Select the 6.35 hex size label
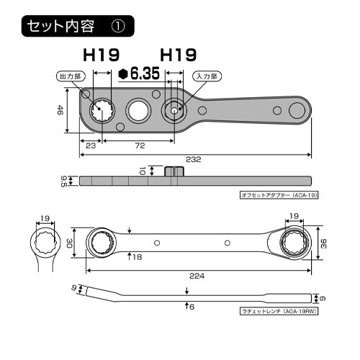(140, 73)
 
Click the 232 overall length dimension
(192, 161)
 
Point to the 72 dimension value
(140, 146)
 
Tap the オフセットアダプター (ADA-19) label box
(278, 196)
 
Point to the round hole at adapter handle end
(296, 110)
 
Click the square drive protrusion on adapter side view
(172, 171)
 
